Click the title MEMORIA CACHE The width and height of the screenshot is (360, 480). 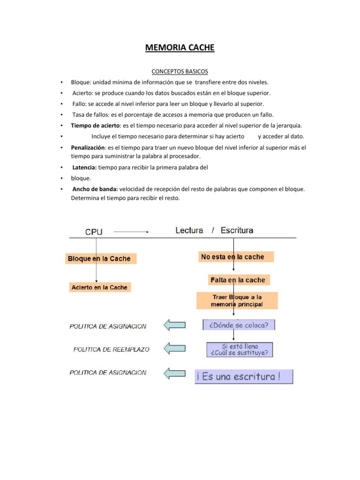coord(180,47)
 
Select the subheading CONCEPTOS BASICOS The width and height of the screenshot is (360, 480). coord(180,72)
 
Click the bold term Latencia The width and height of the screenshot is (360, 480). coord(85,167)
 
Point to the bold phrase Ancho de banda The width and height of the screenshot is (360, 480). coord(95,189)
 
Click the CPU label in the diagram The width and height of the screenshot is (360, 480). coord(94,231)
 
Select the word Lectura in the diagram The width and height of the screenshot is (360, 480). coord(189,230)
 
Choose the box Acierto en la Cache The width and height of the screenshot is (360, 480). coord(99,287)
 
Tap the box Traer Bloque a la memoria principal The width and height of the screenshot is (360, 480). coord(237,300)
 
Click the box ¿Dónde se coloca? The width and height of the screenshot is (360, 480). coord(239,325)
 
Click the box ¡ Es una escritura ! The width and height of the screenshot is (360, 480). coord(244,377)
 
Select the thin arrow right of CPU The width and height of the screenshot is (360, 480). coord(131,232)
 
